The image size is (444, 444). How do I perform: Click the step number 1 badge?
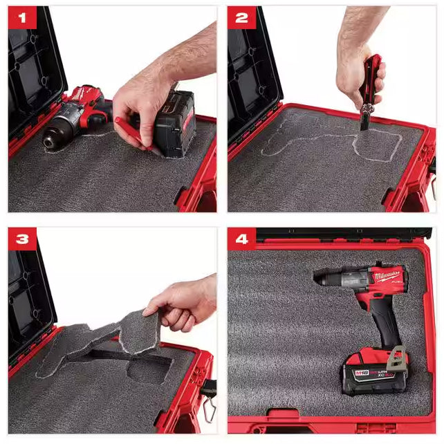(x=22, y=19)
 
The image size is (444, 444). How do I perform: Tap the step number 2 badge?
(x=241, y=19)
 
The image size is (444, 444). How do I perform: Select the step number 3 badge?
(x=22, y=240)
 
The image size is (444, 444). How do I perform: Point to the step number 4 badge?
(x=241, y=240)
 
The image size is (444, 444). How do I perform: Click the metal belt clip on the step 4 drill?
(x=396, y=358)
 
